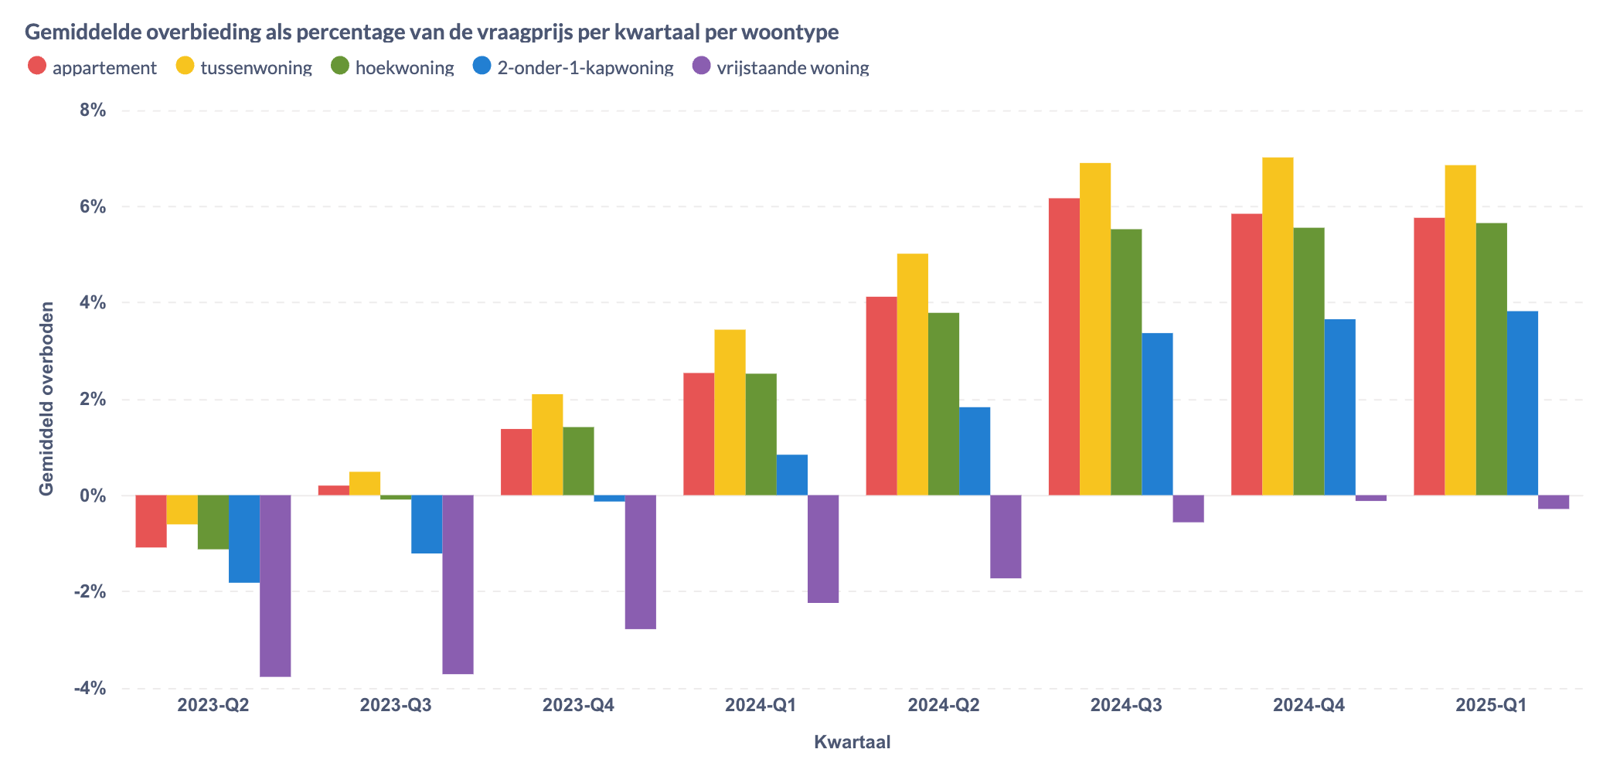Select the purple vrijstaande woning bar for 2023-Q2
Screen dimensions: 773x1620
point(275,585)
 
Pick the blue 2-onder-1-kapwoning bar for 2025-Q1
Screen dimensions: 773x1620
point(1522,403)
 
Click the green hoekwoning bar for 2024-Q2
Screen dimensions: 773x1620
point(944,404)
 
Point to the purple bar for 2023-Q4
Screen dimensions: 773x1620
point(641,561)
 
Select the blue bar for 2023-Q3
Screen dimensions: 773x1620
point(427,524)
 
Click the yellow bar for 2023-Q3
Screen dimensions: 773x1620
point(365,483)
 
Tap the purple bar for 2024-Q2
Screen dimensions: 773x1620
point(1006,536)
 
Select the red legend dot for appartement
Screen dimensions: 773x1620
point(36,66)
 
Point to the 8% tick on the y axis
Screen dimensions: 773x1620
point(93,111)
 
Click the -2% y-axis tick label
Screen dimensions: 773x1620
point(90,591)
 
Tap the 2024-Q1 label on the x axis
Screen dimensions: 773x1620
point(761,705)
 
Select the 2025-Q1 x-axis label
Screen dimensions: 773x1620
point(1491,705)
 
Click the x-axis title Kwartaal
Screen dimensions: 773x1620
point(852,742)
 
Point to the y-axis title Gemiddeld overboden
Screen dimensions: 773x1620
point(47,398)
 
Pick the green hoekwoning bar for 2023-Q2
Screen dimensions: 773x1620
point(213,522)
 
